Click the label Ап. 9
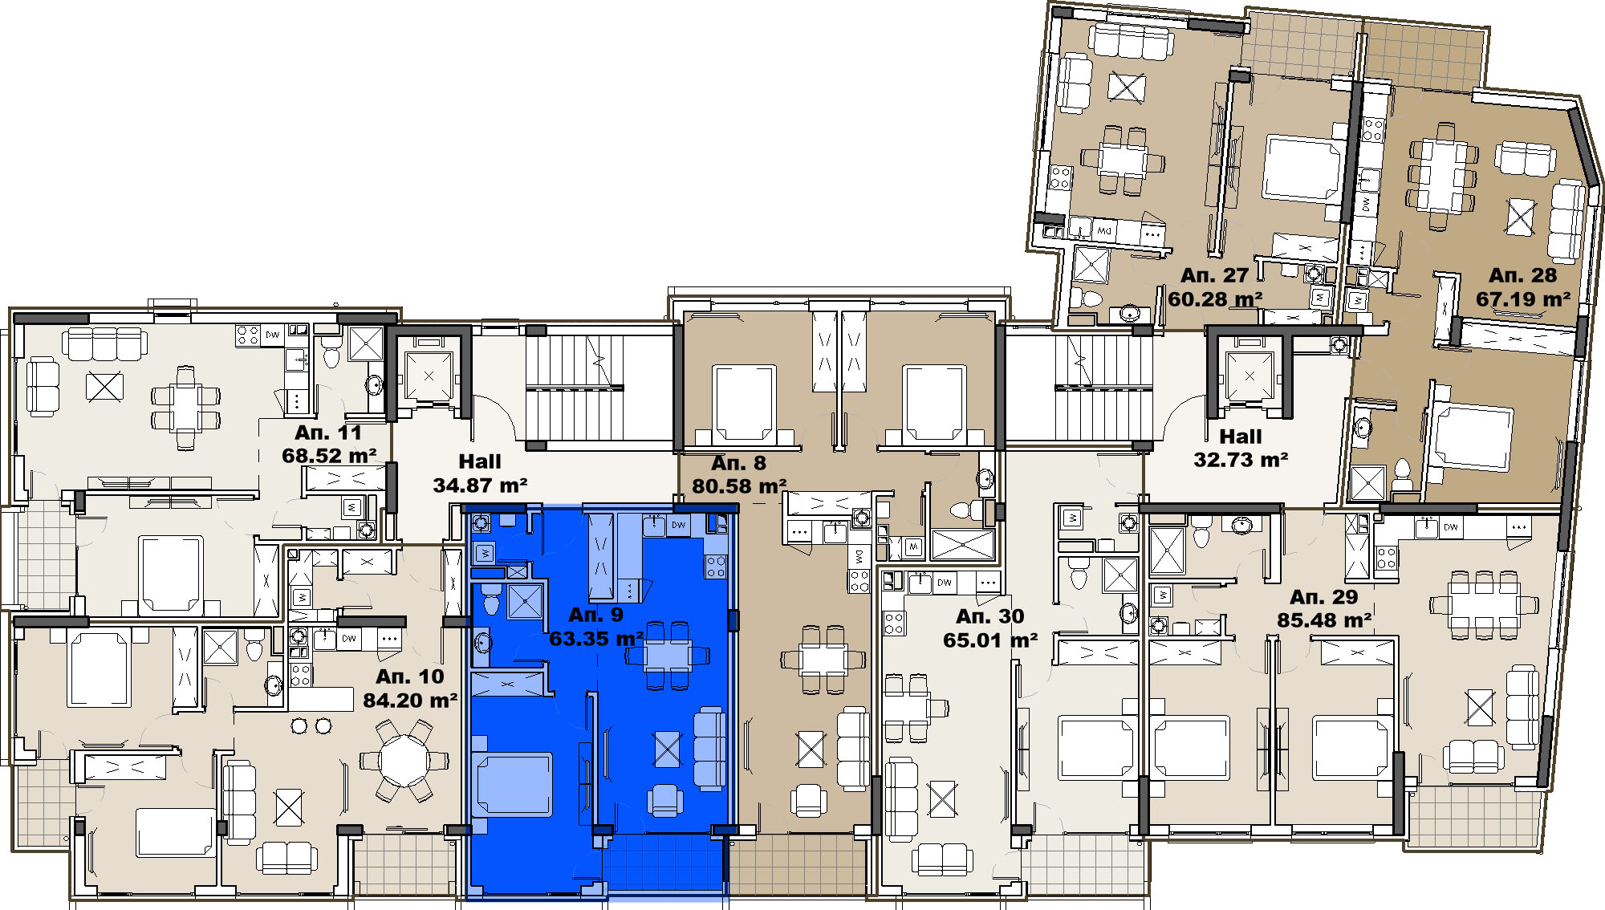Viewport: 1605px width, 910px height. (x=595, y=615)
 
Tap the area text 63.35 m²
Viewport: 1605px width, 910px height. (x=596, y=639)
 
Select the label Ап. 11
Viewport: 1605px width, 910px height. (x=328, y=433)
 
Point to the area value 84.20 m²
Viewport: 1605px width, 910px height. (x=410, y=701)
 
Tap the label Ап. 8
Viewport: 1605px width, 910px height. (x=738, y=463)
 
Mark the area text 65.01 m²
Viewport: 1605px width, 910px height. (x=990, y=640)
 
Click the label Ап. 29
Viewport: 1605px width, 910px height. (x=1324, y=597)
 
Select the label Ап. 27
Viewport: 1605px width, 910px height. (x=1215, y=275)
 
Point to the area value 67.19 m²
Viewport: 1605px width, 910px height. (x=1523, y=299)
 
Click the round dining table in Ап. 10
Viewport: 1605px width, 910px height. (x=404, y=760)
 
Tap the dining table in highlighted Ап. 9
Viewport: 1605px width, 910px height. (x=668, y=656)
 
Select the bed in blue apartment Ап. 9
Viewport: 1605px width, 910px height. (x=512, y=783)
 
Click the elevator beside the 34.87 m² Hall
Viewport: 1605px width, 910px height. (x=429, y=375)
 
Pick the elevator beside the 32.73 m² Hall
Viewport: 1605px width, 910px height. (x=1249, y=376)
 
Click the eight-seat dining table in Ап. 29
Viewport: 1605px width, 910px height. (x=1483, y=605)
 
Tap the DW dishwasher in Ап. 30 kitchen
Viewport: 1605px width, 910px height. (x=945, y=582)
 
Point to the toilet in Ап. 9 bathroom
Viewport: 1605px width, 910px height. (x=491, y=599)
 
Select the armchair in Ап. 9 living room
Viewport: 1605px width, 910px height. (x=664, y=800)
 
